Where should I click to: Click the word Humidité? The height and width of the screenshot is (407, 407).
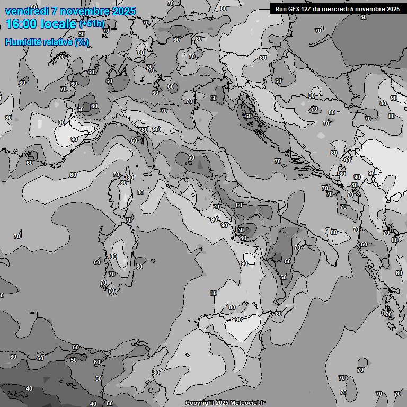[x=22, y=42]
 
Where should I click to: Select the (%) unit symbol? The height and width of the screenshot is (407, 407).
[x=82, y=42]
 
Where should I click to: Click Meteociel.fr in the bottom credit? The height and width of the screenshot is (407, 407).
[x=246, y=403]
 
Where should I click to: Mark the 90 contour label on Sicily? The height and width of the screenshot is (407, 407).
[x=238, y=320]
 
